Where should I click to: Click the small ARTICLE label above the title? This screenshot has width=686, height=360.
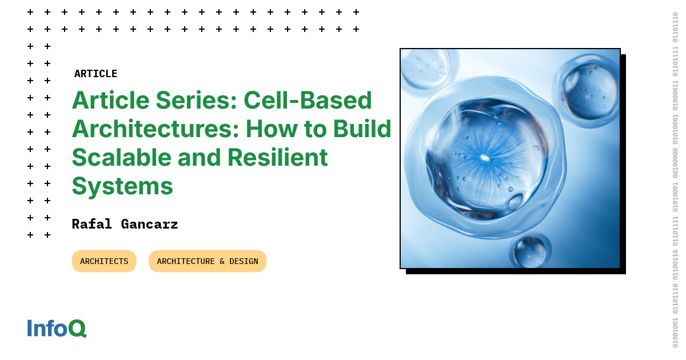[95, 74]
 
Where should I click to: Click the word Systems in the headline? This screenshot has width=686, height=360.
[122, 186]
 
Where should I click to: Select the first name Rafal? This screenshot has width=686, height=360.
[91, 224]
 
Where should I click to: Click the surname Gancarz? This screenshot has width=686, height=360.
[149, 224]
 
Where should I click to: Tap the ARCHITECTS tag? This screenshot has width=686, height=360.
[104, 261]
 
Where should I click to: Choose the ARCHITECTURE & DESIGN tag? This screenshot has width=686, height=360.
[208, 261]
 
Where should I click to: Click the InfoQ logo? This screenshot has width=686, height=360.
[57, 328]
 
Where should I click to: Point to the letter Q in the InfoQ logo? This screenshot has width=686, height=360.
[77, 328]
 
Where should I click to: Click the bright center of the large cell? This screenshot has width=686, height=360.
[485, 158]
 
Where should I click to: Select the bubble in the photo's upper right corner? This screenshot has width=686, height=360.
[588, 90]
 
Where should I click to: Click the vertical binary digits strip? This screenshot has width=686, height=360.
[675, 180]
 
